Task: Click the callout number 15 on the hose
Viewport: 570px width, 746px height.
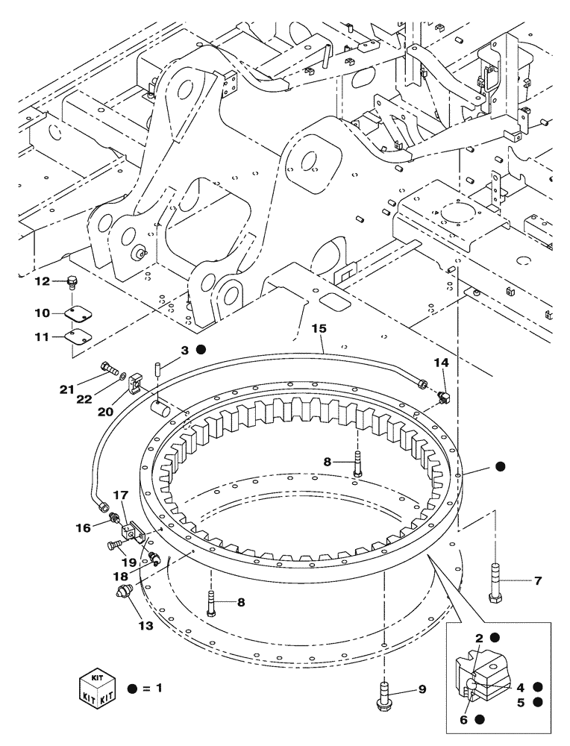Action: pyautogui.click(x=319, y=327)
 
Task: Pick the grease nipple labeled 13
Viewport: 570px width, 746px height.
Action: pyautogui.click(x=122, y=592)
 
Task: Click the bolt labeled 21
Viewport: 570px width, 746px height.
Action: pyautogui.click(x=108, y=367)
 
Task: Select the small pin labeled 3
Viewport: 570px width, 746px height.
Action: pyautogui.click(x=158, y=369)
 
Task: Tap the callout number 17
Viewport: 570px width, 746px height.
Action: pyautogui.click(x=120, y=495)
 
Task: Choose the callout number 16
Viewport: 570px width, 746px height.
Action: pyautogui.click(x=82, y=527)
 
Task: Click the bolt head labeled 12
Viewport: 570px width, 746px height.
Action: pyautogui.click(x=72, y=282)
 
